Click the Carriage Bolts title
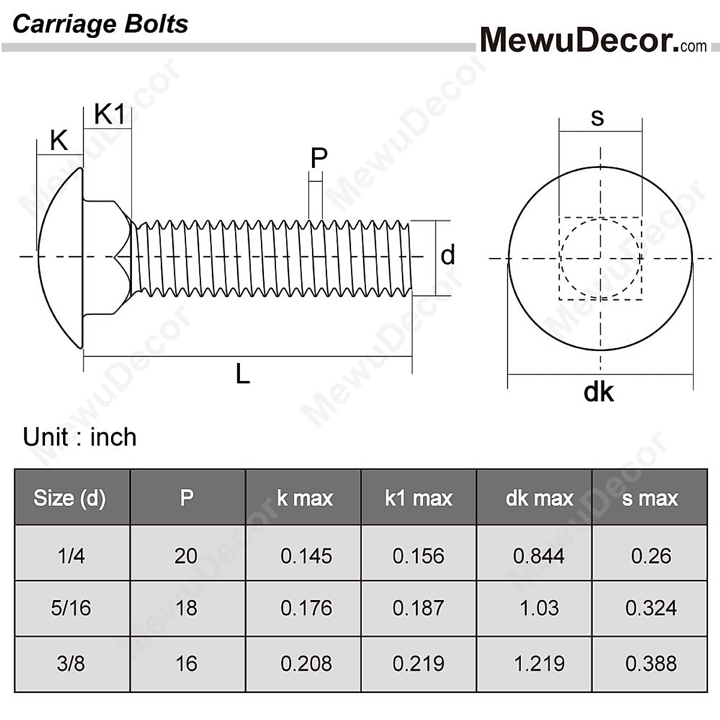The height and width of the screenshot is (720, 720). pyautogui.click(x=100, y=24)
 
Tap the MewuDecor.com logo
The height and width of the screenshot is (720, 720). pyautogui.click(x=593, y=40)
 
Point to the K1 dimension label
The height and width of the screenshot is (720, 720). pyautogui.click(x=110, y=114)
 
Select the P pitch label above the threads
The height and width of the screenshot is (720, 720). pyautogui.click(x=319, y=158)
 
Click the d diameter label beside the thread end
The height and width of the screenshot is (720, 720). pyautogui.click(x=448, y=256)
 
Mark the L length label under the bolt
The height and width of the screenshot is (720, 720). pyautogui.click(x=242, y=374)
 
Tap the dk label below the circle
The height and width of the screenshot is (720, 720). pyautogui.click(x=598, y=392)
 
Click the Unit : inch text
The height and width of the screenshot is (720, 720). pyautogui.click(x=80, y=437)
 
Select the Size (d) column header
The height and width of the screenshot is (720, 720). pyautogui.click(x=70, y=498)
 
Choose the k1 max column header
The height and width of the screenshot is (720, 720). pyautogui.click(x=418, y=498)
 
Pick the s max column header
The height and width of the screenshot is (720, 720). pyautogui.click(x=650, y=498)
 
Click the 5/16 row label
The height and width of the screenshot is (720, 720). pyautogui.click(x=71, y=608)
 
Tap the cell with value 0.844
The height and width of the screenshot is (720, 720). pyautogui.click(x=538, y=556)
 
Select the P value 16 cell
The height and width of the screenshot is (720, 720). pyautogui.click(x=186, y=664)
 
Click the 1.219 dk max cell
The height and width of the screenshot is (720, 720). pyautogui.click(x=538, y=664)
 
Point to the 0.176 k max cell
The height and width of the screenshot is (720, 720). pyautogui.click(x=306, y=608)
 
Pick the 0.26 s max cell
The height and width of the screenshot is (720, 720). pyautogui.click(x=650, y=556)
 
